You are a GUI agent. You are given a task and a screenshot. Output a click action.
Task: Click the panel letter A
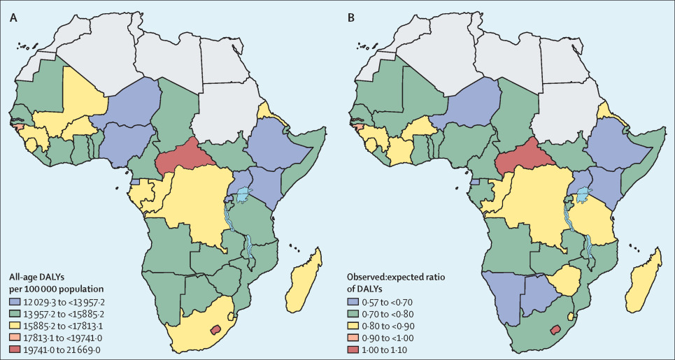[x=13, y=18]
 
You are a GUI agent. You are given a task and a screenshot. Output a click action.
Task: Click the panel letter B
[x=350, y=18]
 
